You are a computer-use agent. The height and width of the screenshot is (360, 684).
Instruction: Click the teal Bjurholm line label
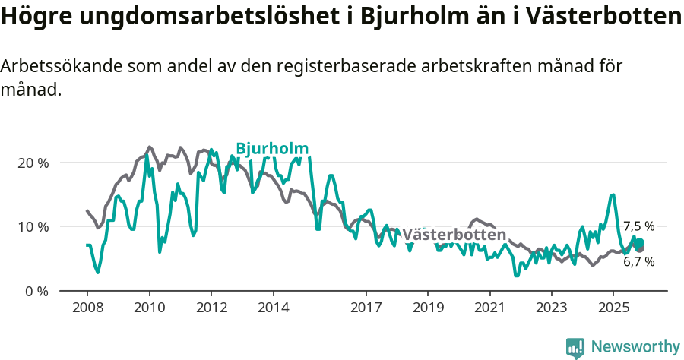pyautogui.click(x=272, y=149)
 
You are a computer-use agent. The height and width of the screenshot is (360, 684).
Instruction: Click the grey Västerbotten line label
pyautogui.click(x=454, y=234)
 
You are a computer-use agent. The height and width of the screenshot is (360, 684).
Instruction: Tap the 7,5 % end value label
pyautogui.click(x=638, y=226)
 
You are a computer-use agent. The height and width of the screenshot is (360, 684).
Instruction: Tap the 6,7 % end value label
pyautogui.click(x=638, y=261)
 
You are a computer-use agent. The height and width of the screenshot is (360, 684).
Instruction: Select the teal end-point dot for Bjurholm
pyautogui.click(x=639, y=242)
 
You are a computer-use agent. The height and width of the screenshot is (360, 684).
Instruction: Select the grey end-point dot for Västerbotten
pyautogui.click(x=639, y=248)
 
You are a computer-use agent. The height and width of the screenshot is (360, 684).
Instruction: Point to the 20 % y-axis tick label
pyautogui.click(x=33, y=163)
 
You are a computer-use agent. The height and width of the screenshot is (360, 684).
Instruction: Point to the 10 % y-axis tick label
pyautogui.click(x=33, y=226)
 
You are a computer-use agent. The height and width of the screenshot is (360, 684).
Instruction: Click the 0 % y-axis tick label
pyautogui.click(x=36, y=291)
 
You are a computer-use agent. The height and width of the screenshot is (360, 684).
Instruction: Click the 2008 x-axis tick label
pyautogui.click(x=87, y=308)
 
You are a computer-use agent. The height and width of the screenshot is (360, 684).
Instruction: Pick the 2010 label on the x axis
pyautogui.click(x=149, y=308)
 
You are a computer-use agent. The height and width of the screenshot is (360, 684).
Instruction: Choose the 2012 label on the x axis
pyautogui.click(x=211, y=308)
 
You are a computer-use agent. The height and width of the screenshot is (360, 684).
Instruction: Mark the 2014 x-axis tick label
pyautogui.click(x=273, y=308)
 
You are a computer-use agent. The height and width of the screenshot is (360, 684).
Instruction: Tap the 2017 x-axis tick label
pyautogui.click(x=366, y=308)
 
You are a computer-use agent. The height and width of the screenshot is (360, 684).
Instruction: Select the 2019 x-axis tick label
pyautogui.click(x=427, y=308)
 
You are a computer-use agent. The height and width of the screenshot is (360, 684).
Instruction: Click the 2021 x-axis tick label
pyautogui.click(x=489, y=308)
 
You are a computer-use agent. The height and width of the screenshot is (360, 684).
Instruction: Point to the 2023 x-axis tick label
pyautogui.click(x=551, y=308)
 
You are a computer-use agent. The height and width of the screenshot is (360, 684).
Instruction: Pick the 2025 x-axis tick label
pyautogui.click(x=613, y=308)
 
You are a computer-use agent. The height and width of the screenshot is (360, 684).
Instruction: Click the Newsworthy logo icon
pyautogui.click(x=575, y=347)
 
